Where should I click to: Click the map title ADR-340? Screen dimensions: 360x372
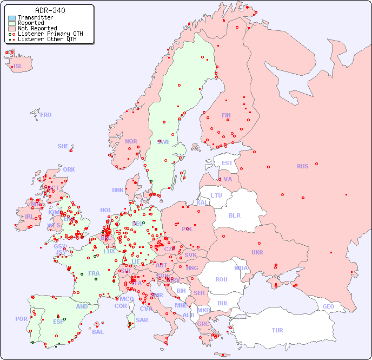coord(50,10)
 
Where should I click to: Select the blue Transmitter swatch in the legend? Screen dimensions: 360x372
coord(12,18)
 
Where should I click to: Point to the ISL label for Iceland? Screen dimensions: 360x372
coord(18,67)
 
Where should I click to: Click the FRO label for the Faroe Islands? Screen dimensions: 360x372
coord(46,115)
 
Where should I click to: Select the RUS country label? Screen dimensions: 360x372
coord(302,166)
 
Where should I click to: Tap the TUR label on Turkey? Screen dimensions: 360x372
coord(277,330)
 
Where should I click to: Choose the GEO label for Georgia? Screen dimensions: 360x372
coord(328,306)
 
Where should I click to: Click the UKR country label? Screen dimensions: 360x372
coord(257,252)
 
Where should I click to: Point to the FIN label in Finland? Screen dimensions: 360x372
coord(226,115)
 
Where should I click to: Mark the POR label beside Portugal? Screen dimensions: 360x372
coord(21,319)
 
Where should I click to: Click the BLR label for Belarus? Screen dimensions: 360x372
coord(234,215)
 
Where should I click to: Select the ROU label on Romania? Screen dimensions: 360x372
coord(221,279)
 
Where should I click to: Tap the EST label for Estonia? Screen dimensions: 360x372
coord(227,163)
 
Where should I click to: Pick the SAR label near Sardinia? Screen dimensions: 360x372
coord(142,320)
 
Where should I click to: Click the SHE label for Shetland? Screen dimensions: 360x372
coord(63,146)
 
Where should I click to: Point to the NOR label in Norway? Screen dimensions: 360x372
coord(131,141)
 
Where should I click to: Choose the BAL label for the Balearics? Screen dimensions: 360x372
coord(97,332)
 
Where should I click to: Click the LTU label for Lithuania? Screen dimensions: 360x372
coord(216,195)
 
